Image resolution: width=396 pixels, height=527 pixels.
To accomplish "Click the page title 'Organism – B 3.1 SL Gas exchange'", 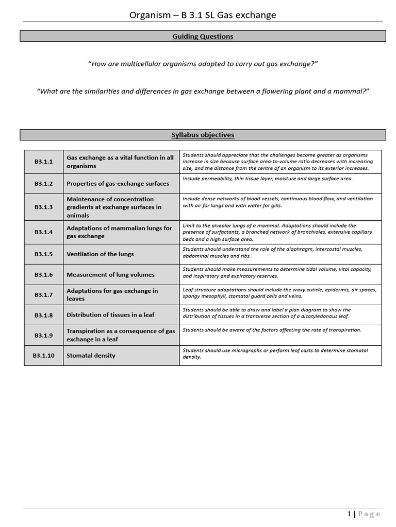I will point(203,15).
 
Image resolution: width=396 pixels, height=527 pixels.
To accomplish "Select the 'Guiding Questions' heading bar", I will point(203,37).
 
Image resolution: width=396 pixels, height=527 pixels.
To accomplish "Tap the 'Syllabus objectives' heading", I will point(203,135).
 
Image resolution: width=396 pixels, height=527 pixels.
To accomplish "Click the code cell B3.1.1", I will point(44,162).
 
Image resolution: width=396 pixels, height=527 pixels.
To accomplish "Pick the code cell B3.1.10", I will point(44,356).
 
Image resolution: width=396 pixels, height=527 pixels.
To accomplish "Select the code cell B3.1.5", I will point(44,254).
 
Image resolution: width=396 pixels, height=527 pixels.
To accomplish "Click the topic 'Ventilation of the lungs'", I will point(100,254).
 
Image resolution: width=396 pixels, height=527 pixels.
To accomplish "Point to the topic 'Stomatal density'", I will point(91,356).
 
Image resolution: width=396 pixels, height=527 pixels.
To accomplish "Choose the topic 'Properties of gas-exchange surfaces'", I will point(118,184).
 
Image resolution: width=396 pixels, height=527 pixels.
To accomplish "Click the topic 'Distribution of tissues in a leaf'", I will point(110,314).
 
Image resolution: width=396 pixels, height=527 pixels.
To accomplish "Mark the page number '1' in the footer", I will point(349,514).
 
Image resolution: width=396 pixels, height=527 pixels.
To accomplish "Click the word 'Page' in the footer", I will point(369,514).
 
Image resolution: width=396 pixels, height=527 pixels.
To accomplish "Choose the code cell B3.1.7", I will point(44,294).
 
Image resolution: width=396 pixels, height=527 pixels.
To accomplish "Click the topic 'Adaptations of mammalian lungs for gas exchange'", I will point(119,232).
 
